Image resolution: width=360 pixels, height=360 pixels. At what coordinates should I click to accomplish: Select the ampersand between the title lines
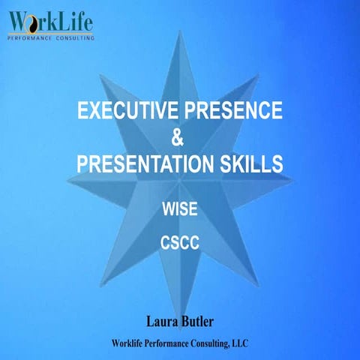(178, 138)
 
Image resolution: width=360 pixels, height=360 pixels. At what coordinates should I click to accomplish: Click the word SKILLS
(252, 163)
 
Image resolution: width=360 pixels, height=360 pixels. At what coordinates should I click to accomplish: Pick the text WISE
(180, 209)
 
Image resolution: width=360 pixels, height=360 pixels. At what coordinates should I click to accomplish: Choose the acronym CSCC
(180, 243)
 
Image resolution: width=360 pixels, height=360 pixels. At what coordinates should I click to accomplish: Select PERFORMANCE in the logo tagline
(33, 34)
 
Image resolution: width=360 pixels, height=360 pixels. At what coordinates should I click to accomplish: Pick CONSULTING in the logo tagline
(75, 34)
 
